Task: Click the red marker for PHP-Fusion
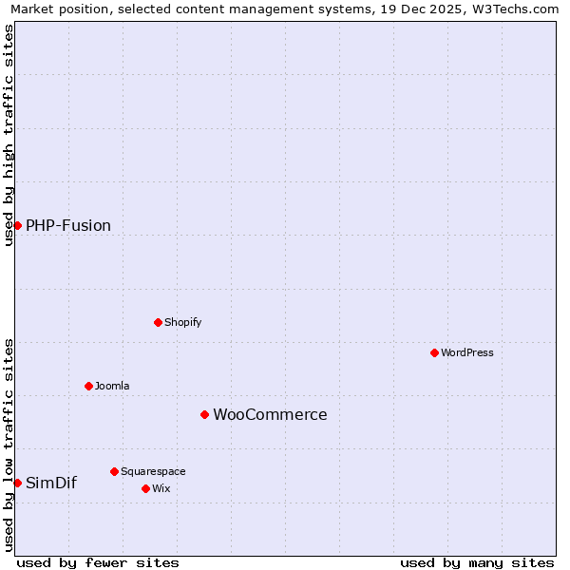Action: click(x=17, y=225)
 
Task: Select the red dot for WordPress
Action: click(x=434, y=352)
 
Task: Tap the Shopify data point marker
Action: click(x=158, y=322)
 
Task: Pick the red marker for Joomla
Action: click(x=88, y=386)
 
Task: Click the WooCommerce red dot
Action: click(x=204, y=414)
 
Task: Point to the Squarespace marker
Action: click(x=114, y=471)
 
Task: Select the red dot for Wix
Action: click(x=145, y=488)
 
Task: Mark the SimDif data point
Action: click(x=17, y=483)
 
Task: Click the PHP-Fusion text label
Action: click(x=68, y=225)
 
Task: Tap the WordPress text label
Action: click(x=467, y=352)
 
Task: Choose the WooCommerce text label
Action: click(x=270, y=414)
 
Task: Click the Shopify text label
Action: click(x=183, y=322)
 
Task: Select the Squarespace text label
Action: click(x=153, y=471)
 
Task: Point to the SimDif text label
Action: click(x=51, y=483)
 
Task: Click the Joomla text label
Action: click(x=112, y=386)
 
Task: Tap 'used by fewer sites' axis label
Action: click(x=98, y=562)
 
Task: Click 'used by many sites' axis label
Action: click(x=477, y=562)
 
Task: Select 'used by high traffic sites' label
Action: click(x=9, y=135)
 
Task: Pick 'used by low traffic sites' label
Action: click(x=9, y=444)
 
